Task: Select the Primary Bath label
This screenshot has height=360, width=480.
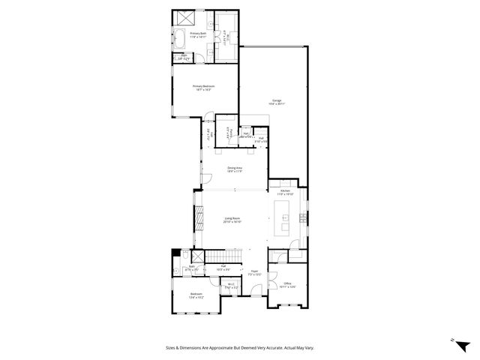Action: pyautogui.click(x=198, y=34)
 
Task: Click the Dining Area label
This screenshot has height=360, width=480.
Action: pyautogui.click(x=234, y=169)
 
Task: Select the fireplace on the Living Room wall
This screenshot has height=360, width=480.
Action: pyautogui.click(x=199, y=220)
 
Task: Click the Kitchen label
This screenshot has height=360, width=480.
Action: pyautogui.click(x=285, y=192)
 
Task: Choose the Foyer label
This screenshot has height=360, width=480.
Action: pyautogui.click(x=254, y=273)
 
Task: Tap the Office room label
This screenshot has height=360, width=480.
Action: pyautogui.click(x=287, y=284)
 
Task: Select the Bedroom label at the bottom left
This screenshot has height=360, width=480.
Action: pyautogui.click(x=195, y=295)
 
